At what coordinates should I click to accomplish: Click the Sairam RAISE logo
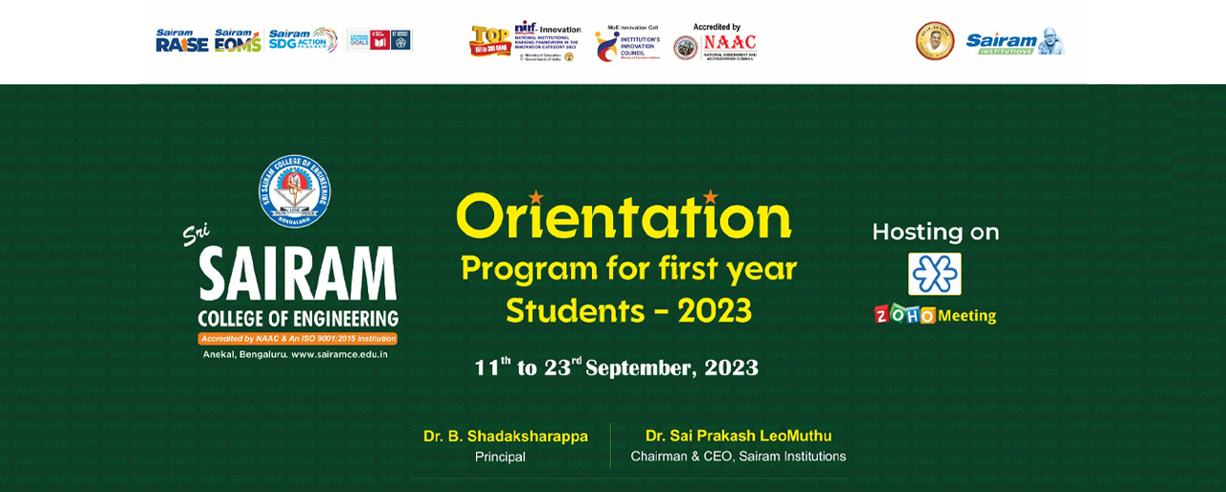[x=182, y=40]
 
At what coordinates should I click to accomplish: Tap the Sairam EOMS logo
[x=238, y=40]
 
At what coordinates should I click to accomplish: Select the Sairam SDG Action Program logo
[x=303, y=40]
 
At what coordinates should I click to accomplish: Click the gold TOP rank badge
[x=489, y=41]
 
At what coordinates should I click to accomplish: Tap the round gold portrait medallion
[x=935, y=41]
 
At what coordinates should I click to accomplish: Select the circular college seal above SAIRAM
[x=295, y=191]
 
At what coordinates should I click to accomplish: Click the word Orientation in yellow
[x=624, y=217]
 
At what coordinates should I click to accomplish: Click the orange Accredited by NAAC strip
[x=297, y=338]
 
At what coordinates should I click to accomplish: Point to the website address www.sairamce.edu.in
[x=339, y=354]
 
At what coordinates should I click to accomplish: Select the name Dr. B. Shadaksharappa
[x=506, y=436]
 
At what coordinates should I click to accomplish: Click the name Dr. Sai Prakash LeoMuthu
[x=738, y=436]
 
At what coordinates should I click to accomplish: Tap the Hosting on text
[x=935, y=232]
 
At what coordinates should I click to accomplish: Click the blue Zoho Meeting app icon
[x=935, y=274]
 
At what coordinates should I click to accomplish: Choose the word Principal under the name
[x=500, y=457]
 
